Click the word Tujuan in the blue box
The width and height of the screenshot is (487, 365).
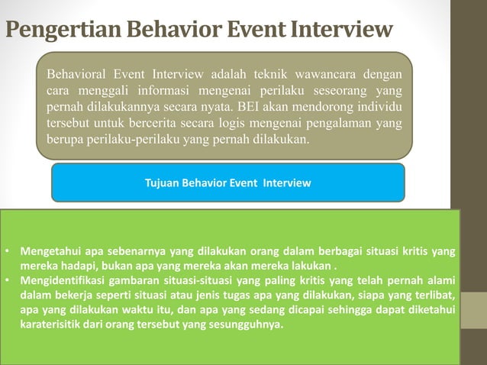click(x=163, y=183)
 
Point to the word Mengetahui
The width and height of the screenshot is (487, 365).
click(x=48, y=251)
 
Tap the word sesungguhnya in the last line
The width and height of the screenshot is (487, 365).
click(x=240, y=324)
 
